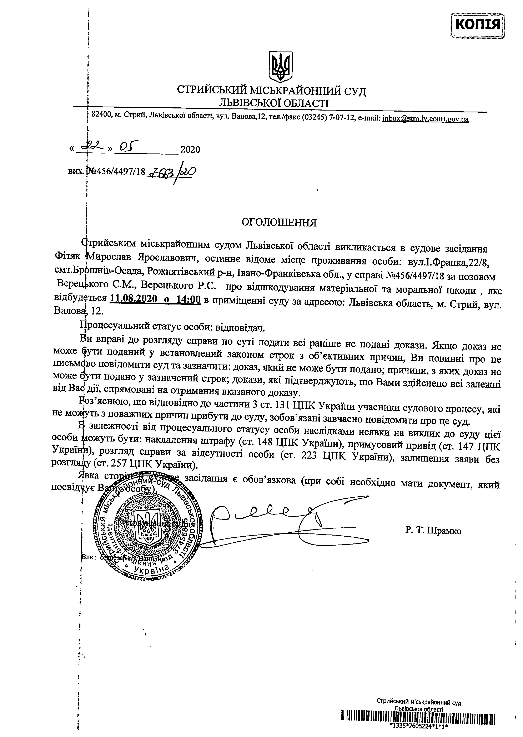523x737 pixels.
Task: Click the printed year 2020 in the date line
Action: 190,150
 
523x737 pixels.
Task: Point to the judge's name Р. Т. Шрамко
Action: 433,531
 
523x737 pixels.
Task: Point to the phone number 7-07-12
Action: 342,119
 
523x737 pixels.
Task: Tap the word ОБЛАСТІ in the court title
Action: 301,103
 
